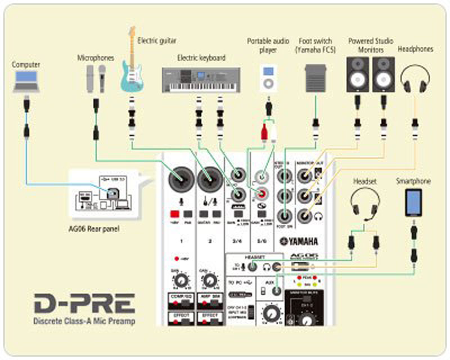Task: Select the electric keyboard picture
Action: [201, 79]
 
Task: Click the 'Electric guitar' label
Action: [156, 40]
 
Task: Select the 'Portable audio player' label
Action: [269, 46]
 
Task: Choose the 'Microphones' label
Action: [96, 57]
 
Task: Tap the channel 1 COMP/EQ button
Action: [181, 298]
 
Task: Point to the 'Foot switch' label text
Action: [316, 45]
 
